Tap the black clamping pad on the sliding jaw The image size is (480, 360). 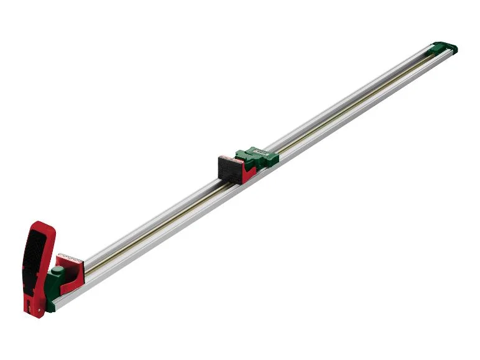point(229,168)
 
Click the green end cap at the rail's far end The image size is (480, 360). point(444,48)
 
